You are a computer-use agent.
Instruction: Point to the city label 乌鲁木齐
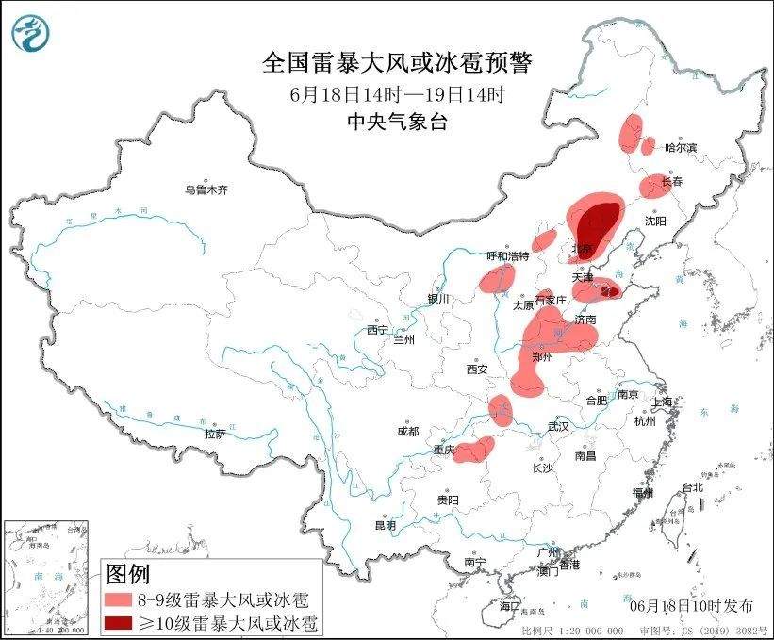click(x=206, y=190)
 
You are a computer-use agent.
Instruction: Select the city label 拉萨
click(x=215, y=434)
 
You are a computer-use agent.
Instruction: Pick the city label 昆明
click(x=386, y=525)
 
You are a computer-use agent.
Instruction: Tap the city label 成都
click(x=407, y=431)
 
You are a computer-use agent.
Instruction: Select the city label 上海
click(x=665, y=402)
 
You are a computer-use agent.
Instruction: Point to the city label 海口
click(x=510, y=604)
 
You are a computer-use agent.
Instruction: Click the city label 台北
click(x=693, y=487)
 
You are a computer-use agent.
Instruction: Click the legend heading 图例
click(x=127, y=572)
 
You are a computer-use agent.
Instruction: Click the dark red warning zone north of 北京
click(x=597, y=222)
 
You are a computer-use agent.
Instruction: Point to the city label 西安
click(x=476, y=369)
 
